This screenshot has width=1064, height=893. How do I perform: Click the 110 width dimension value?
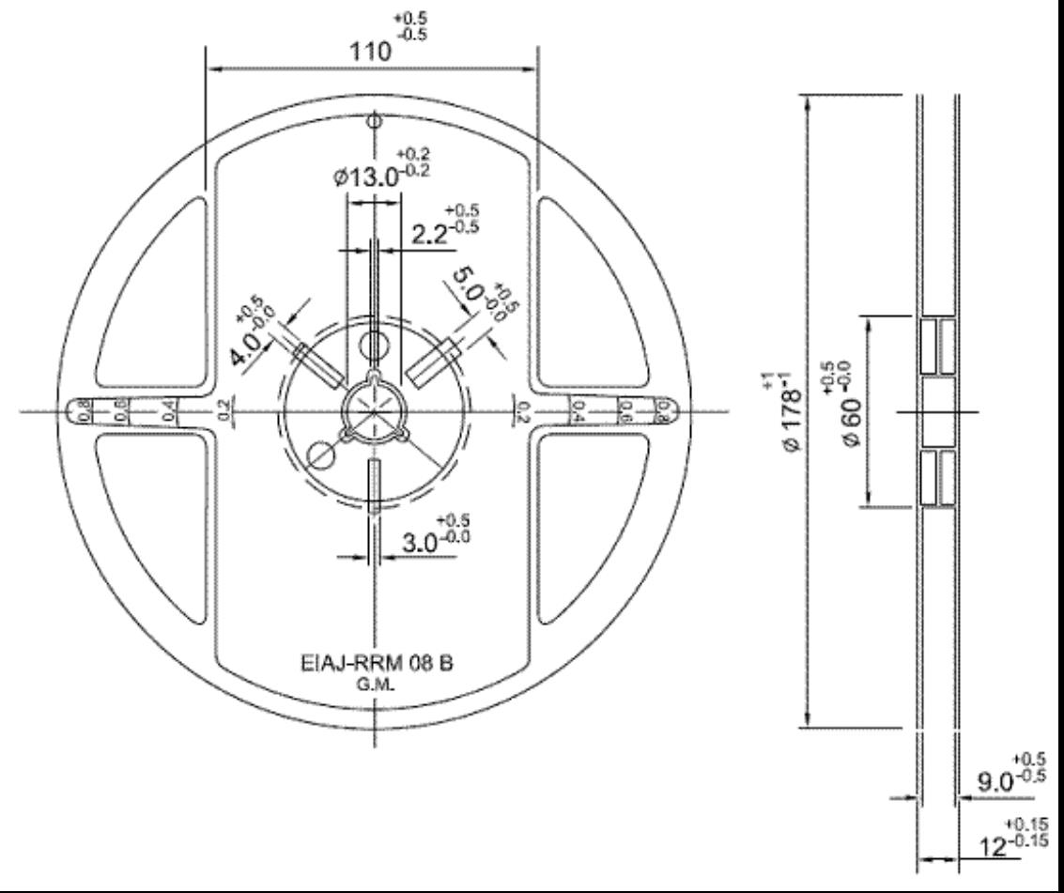pos(370,53)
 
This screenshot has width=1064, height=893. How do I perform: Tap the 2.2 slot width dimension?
pos(432,235)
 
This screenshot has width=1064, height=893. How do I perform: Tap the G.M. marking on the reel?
pos(375,685)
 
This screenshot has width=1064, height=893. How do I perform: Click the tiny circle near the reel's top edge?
pos(375,121)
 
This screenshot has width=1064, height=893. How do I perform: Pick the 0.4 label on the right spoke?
pos(579,411)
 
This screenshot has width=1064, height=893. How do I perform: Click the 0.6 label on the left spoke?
pos(121,411)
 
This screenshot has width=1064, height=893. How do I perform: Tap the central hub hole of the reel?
pos(374,410)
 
